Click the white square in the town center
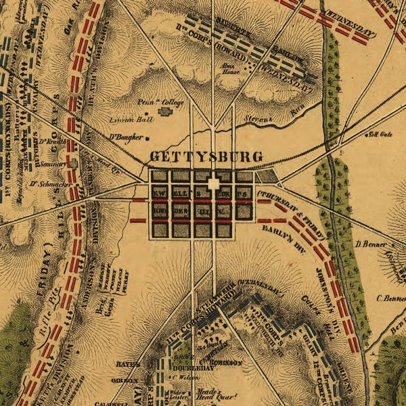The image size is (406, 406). pos(214,183)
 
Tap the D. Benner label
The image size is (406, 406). pos(369,244)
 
